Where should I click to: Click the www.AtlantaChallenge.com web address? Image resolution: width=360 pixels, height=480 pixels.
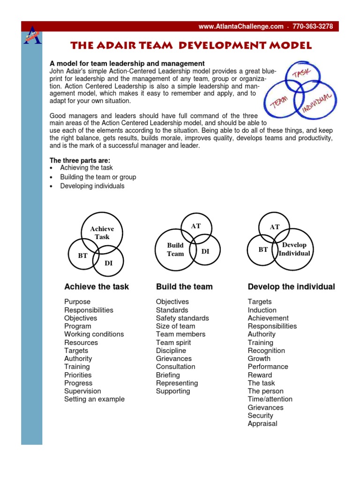click(x=241, y=27)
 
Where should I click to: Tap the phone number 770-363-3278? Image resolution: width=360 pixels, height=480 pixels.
click(x=313, y=27)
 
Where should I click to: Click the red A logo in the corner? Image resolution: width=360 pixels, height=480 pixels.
click(x=32, y=35)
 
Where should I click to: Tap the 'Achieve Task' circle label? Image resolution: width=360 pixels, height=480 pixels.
click(x=102, y=232)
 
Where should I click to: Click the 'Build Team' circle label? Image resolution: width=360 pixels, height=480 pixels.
click(x=175, y=249)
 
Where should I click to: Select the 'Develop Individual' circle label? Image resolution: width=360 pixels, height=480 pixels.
click(x=294, y=249)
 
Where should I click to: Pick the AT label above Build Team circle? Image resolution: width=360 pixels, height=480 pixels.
click(x=196, y=226)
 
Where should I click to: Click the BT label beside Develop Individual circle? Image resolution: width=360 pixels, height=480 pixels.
click(x=263, y=249)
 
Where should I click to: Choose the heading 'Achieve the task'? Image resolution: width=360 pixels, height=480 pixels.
click(x=97, y=286)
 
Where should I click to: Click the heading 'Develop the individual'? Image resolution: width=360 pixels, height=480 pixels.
click(x=291, y=286)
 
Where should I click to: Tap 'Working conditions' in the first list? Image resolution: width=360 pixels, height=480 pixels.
click(x=94, y=334)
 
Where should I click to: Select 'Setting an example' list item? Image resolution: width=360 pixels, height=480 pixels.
click(x=94, y=399)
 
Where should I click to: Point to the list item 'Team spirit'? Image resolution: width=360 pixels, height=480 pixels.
click(x=173, y=342)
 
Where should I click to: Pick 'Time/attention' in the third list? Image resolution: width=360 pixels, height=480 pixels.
click(x=270, y=399)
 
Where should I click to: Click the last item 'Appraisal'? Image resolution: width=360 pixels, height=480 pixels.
click(x=262, y=423)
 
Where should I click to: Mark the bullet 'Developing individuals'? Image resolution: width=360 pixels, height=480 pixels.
click(x=92, y=186)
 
